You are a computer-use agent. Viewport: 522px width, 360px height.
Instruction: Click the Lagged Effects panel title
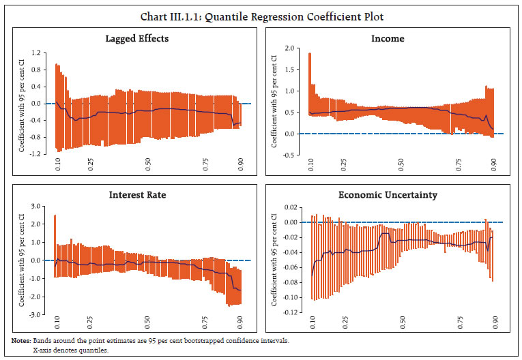(x=137, y=38)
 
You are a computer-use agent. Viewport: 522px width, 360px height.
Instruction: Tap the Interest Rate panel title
(x=137, y=195)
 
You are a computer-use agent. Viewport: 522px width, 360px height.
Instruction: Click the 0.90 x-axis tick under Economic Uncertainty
(x=493, y=322)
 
